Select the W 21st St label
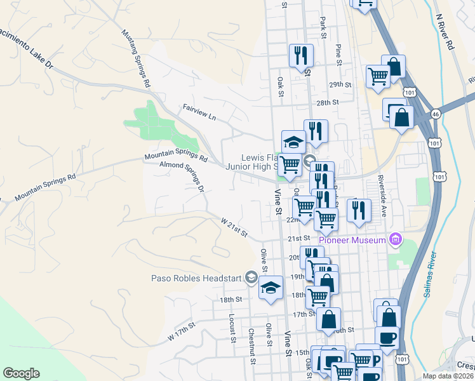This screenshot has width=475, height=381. [x=234, y=229]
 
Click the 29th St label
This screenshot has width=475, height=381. [x=340, y=84]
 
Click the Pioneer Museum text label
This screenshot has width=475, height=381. [x=352, y=240]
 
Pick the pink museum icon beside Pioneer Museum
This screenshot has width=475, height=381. [x=396, y=239]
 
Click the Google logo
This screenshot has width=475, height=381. [x=21, y=373]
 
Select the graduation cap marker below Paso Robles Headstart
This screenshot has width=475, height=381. [x=271, y=287]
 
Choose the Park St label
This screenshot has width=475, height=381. [x=323, y=28]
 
